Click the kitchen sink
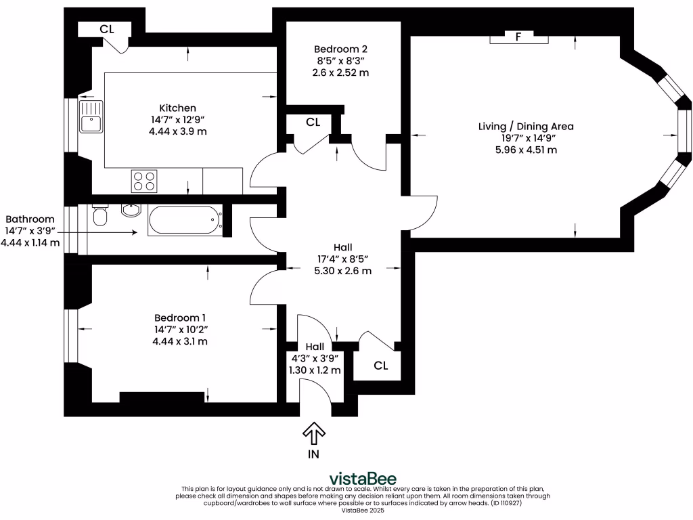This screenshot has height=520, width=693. [x=90, y=116]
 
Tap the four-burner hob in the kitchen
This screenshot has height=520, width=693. [x=143, y=181]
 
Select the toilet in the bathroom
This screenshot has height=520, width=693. [x=100, y=216]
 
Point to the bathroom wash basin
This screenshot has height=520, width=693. [x=131, y=211]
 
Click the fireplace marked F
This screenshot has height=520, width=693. [x=518, y=37]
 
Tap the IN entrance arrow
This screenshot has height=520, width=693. [x=313, y=433]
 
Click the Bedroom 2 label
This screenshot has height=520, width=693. [x=341, y=49]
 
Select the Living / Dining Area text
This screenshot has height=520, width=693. [x=526, y=127]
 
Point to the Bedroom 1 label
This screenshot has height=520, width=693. [x=180, y=318]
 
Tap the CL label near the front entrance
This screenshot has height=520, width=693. [x=380, y=366]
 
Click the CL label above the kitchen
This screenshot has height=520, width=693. [x=106, y=29]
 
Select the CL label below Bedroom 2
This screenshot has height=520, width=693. [x=313, y=123]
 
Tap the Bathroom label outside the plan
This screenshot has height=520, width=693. [x=30, y=219]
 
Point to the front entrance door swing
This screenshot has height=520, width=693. [x=315, y=396]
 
